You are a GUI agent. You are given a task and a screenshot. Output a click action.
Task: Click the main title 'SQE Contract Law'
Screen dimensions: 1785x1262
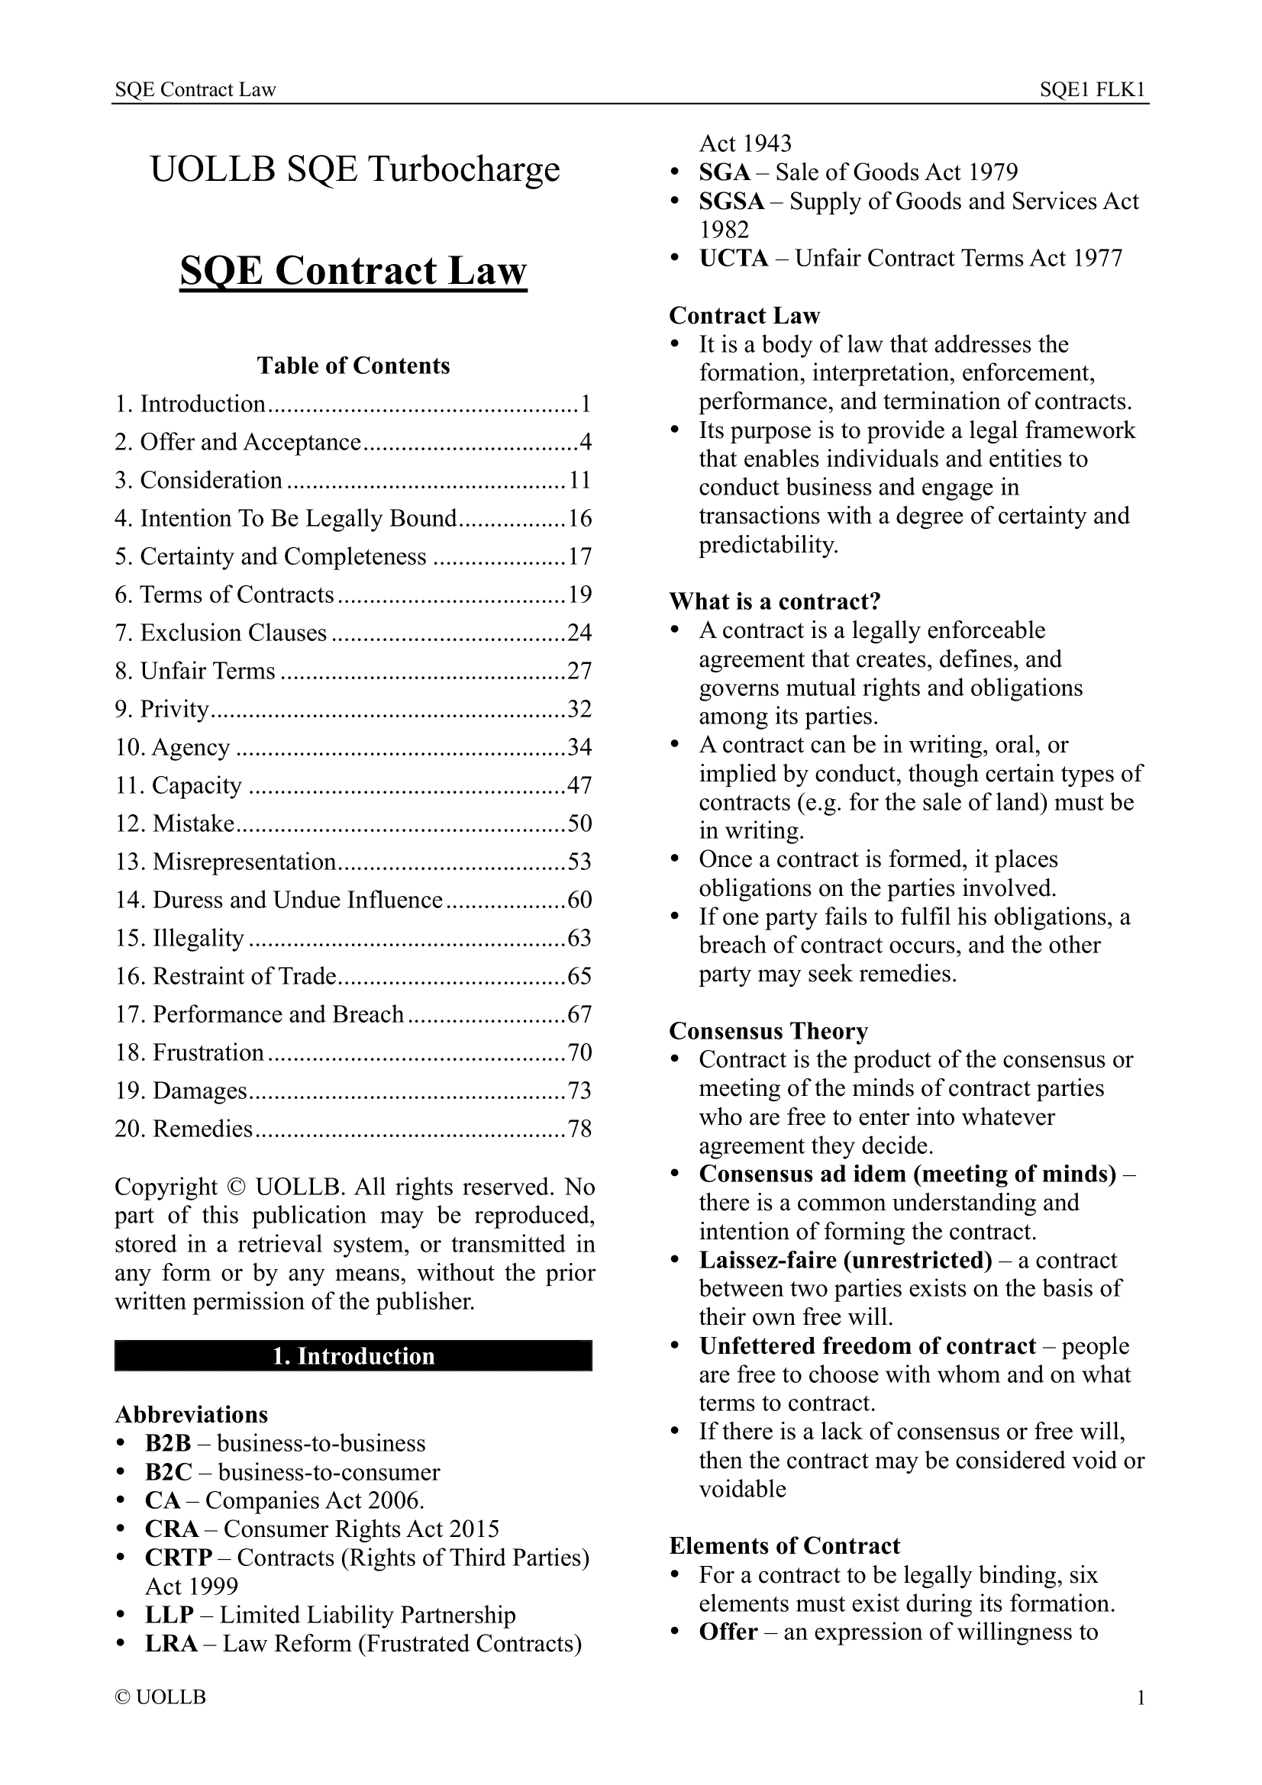(353, 272)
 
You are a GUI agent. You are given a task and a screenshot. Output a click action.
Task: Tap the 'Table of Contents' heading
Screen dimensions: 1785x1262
(353, 366)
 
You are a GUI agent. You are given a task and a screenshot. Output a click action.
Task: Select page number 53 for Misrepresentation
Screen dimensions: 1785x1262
(579, 862)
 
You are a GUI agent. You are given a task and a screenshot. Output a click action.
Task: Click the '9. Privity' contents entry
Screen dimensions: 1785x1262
(163, 709)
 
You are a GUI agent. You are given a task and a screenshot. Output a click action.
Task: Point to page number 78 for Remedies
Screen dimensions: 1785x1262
(579, 1128)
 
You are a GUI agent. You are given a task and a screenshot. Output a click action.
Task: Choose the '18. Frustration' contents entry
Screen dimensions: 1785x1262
(190, 1052)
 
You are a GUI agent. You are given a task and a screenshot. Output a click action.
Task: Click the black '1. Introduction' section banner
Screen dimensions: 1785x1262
(353, 1356)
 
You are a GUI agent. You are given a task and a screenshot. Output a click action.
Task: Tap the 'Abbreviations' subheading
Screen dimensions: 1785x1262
(192, 1414)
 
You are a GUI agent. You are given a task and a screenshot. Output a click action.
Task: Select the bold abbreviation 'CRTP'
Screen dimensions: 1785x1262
(179, 1558)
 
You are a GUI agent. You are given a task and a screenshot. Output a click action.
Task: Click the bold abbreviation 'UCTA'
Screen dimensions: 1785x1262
(733, 258)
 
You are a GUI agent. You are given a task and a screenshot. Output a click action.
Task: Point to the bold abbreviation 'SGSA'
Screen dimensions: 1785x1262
(731, 201)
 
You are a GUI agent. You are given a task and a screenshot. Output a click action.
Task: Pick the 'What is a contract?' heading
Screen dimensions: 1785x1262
(774, 601)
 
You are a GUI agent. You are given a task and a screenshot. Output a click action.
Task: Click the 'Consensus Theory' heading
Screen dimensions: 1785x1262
(768, 1031)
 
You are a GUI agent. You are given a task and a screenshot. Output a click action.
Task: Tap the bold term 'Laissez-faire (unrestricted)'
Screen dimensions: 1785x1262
(845, 1259)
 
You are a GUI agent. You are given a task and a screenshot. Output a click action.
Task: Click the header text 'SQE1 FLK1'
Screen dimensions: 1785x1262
(1093, 90)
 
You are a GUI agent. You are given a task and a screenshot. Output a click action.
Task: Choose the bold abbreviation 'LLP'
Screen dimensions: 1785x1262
(169, 1614)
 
